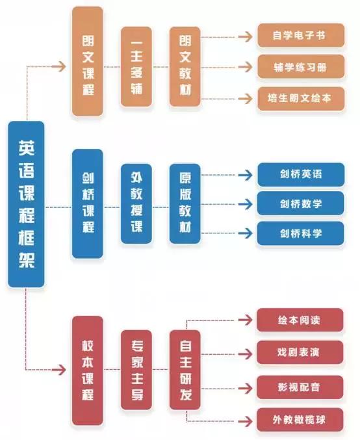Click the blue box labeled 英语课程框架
pos(26,204)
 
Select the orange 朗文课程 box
pos(88,62)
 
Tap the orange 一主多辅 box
pos(136,67)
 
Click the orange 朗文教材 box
pos(185,67)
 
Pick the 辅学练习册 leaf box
pos(300,66)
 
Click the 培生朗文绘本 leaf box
pos(300,99)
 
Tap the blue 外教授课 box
pos(136,203)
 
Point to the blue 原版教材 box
pos(185,203)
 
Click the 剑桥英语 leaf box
pos(300,174)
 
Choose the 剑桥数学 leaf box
pos(300,203)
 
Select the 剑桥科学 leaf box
pos(300,233)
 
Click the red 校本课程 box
pos(88,370)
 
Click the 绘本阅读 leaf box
pos(300,320)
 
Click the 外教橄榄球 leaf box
pos(300,420)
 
